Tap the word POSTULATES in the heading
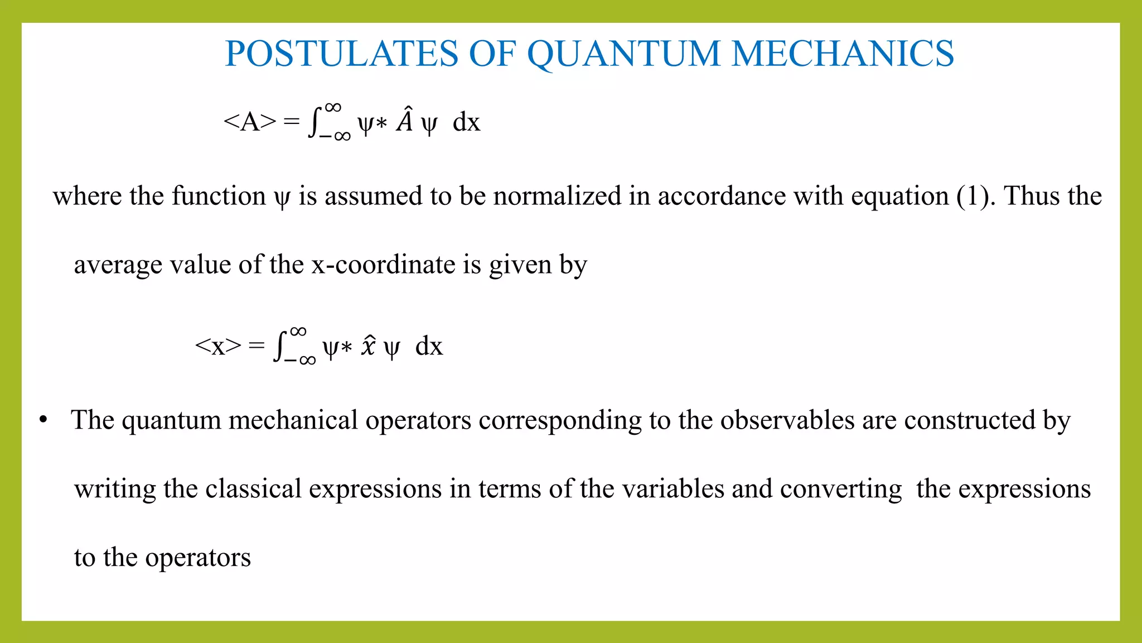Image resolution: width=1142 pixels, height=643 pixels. click(x=341, y=54)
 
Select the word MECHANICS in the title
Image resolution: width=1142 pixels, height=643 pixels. click(x=843, y=54)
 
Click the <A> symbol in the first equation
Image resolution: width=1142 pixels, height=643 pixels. click(x=249, y=121)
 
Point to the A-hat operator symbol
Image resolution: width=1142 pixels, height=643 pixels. click(x=405, y=120)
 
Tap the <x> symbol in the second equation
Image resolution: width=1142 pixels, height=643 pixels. click(x=218, y=346)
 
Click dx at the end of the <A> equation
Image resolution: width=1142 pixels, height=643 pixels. click(x=466, y=122)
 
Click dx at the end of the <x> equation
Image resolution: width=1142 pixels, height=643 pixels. click(x=429, y=347)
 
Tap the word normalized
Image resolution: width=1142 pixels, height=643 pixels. click(x=557, y=196)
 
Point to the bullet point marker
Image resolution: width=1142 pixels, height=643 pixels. click(x=43, y=420)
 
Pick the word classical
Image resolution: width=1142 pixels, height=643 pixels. click(x=253, y=489)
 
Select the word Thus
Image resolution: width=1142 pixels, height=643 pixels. click(x=1029, y=196)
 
